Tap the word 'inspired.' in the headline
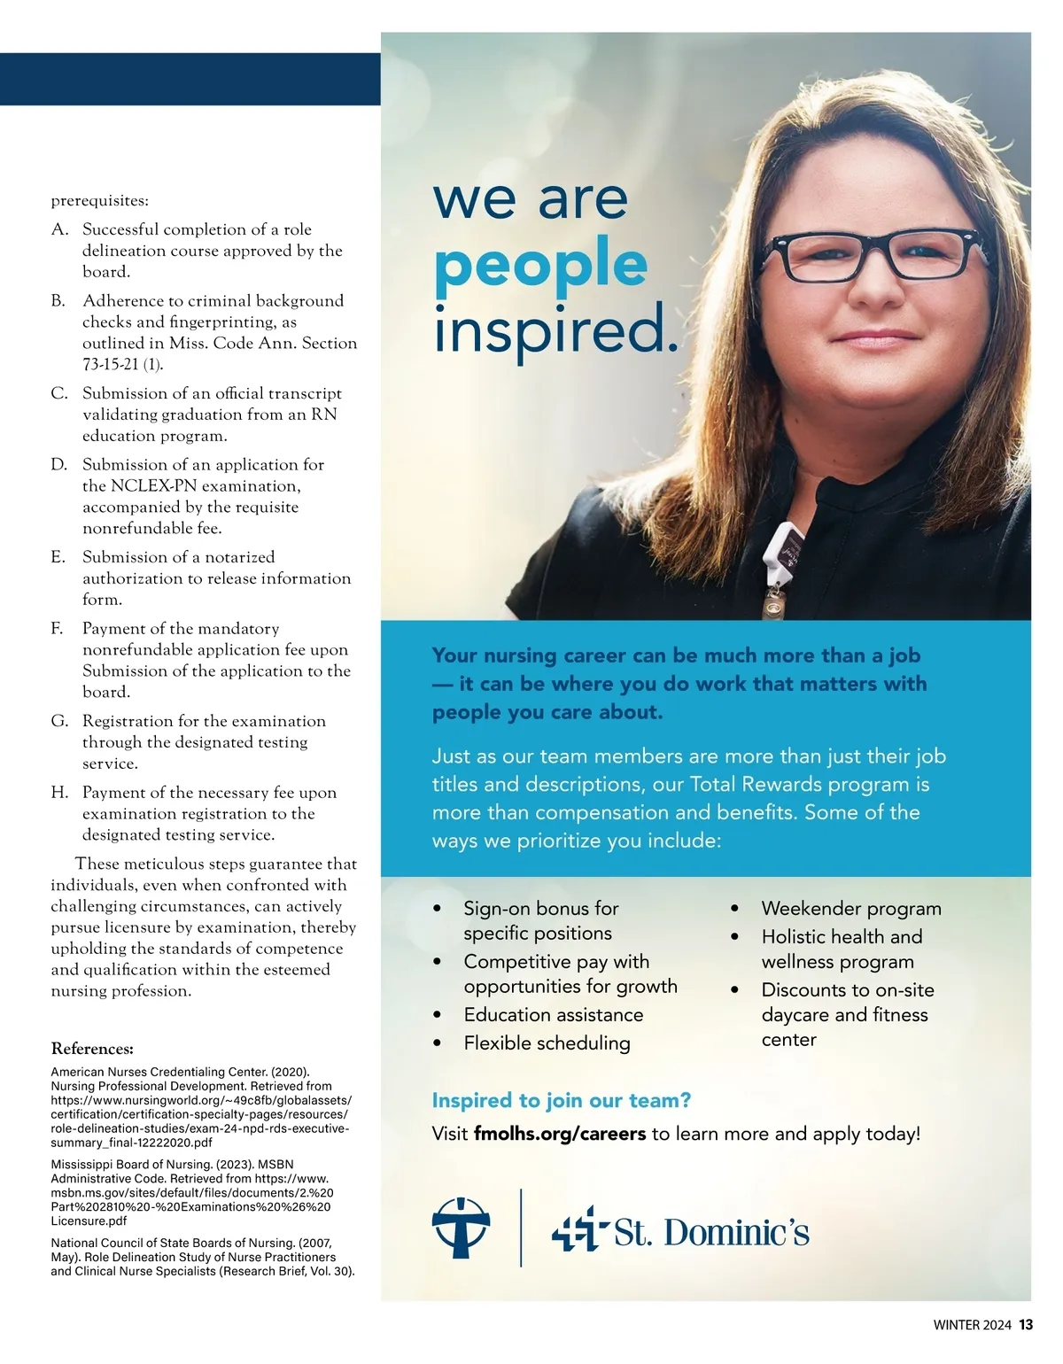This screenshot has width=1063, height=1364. click(x=555, y=329)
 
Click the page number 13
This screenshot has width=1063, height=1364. click(x=1026, y=1325)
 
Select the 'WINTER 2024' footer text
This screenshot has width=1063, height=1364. click(x=972, y=1326)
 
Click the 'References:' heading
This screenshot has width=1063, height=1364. click(x=92, y=1049)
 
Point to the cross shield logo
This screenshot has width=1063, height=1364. click(x=461, y=1228)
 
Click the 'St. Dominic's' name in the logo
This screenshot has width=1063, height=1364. click(x=711, y=1232)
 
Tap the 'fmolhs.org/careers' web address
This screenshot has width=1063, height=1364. click(x=560, y=1134)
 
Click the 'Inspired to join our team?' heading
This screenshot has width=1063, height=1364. click(x=561, y=1100)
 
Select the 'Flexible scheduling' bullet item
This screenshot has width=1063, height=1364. click(x=547, y=1043)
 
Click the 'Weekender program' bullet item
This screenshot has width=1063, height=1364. click(x=850, y=909)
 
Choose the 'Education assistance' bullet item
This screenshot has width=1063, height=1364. click(x=553, y=1015)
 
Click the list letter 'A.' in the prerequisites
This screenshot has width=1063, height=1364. click(x=60, y=229)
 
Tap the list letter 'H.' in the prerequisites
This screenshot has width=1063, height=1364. click(x=60, y=793)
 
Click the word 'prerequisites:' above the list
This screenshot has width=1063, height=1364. click(x=99, y=201)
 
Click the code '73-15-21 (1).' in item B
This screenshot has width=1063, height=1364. click(x=122, y=364)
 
